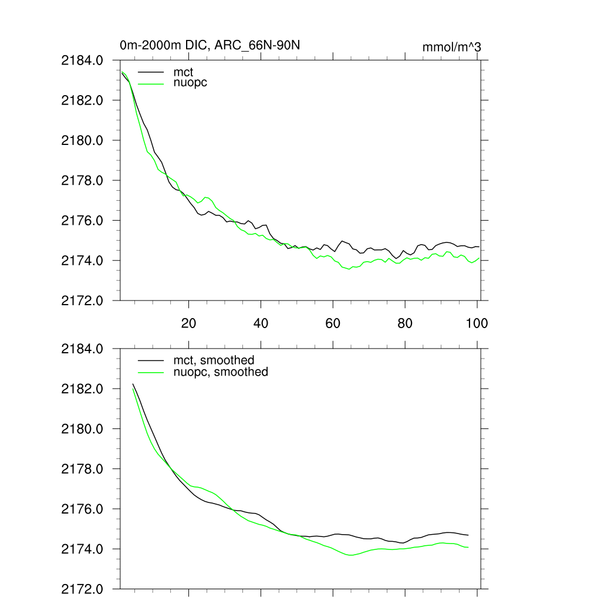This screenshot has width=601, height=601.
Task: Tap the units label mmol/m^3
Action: pos(451,47)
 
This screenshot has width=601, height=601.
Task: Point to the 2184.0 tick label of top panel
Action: pos(82,60)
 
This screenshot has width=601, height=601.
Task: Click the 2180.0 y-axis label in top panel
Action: pos(82,141)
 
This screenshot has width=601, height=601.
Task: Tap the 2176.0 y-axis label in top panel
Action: pos(82,221)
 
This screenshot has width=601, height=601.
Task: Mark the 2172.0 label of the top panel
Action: pos(82,300)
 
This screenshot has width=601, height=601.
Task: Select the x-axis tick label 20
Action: pos(189,323)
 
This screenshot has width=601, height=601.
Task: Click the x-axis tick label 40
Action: pos(261,323)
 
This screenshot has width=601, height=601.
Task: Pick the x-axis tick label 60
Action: pos(333,323)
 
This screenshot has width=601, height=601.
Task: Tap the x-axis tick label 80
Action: pos(405,323)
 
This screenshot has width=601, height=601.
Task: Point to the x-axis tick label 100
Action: pos(476,323)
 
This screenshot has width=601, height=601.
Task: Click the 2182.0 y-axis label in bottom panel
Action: pos(82,389)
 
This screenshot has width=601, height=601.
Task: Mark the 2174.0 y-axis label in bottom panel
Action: pos(82,549)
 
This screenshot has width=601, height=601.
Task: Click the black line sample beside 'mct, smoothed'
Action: pos(151,360)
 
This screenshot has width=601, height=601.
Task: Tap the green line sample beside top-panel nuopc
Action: pos(151,83)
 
